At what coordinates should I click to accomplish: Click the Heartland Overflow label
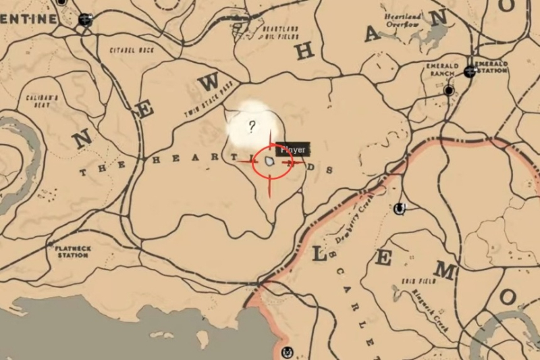402,20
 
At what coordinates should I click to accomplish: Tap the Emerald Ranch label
443,70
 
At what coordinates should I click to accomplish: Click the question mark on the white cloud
252,126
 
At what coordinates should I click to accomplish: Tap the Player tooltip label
294,149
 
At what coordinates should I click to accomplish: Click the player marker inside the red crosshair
270,163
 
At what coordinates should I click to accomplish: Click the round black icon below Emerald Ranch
449,90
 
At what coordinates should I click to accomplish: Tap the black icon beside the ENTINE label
85,20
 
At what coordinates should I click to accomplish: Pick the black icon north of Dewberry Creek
400,208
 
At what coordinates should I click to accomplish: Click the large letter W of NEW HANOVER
210,82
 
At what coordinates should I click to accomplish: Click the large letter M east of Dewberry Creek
443,271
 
